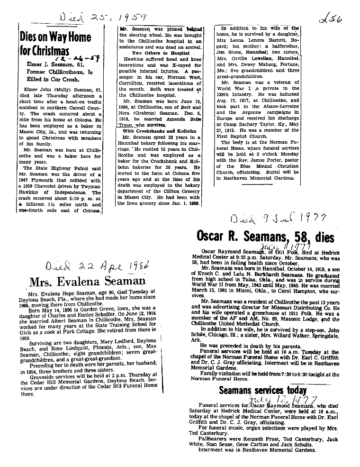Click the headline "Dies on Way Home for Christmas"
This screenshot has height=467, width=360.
click(55, 45)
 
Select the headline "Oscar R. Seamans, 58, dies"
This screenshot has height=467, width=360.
click(265, 236)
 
